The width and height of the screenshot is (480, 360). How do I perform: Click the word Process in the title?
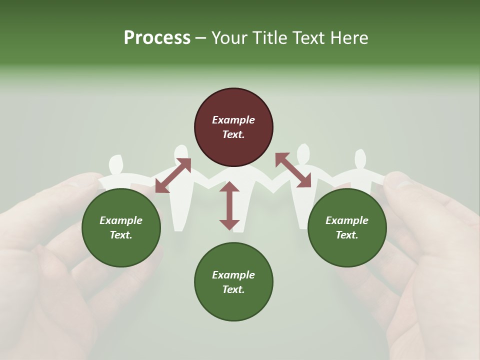coord(157,38)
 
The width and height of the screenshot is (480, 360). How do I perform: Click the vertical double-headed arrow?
coord(229,205)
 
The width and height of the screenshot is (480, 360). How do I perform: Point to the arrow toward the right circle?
coord(293,170)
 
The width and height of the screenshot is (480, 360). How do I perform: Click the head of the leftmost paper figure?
coord(116,163)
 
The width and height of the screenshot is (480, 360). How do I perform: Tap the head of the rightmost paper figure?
coord(360,158)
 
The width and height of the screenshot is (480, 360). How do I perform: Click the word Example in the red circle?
coord(233,120)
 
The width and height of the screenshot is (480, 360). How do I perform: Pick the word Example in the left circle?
coord(121,220)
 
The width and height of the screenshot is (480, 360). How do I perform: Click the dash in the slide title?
coord(200,38)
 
